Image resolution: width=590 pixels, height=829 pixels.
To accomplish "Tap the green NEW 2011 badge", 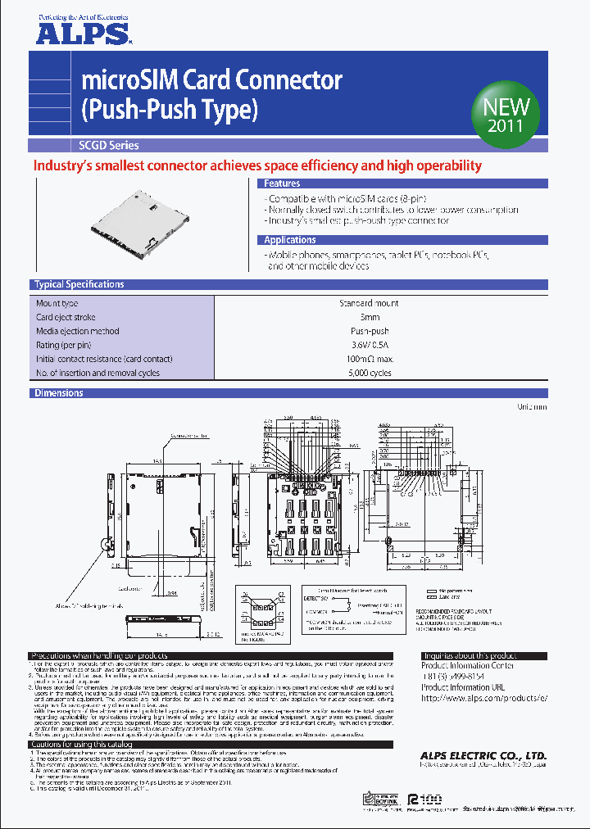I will click(x=506, y=116).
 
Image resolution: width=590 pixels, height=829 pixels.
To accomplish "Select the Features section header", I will click(x=282, y=184).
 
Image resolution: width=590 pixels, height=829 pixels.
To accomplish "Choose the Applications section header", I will click(x=289, y=240).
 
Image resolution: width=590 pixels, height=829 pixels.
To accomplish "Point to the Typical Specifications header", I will click(x=79, y=285).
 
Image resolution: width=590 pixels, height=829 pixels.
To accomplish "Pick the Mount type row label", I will click(x=57, y=303).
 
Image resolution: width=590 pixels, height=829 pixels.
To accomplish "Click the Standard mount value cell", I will click(x=369, y=303).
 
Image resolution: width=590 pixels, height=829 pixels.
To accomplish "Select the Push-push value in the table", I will click(x=369, y=331).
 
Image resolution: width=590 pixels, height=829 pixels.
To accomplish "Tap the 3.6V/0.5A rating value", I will click(x=369, y=345).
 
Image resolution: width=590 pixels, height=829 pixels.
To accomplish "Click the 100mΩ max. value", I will click(x=369, y=359).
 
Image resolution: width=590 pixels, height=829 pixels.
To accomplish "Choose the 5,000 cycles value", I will click(x=369, y=373).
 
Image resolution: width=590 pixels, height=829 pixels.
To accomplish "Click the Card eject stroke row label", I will click(x=66, y=317).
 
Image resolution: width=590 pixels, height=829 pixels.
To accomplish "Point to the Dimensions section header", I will click(x=58, y=393).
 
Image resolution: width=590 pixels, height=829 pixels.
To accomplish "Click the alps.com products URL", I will click(x=483, y=697).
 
